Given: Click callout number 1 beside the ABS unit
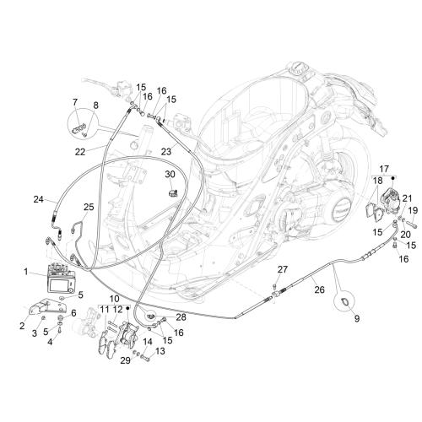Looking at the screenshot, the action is point(26,272).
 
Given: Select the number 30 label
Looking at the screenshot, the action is point(170,175).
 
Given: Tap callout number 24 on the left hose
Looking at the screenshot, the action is point(39,199).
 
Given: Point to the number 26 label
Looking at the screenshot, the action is point(320,289).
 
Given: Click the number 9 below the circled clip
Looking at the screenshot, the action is point(357,319).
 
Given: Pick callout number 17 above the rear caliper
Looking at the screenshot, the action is point(384,169).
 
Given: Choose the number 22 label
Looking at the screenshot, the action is point(80,152).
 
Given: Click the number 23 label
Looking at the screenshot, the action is point(166,152).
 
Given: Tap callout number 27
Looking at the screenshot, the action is point(283,269).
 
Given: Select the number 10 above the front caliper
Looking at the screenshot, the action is point(115,299).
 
